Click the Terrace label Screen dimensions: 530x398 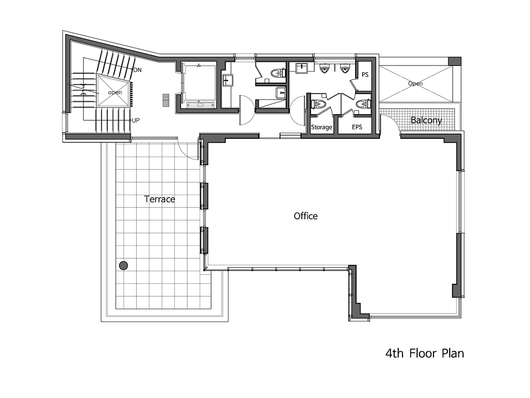coord(159,199)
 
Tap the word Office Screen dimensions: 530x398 coord(306,216)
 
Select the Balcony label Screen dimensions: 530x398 coord(426,120)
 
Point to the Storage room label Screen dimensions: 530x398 coord(322,127)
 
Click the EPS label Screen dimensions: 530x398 coord(357,127)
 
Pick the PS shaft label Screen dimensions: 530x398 coord(365,75)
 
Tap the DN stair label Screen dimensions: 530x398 coord(137,70)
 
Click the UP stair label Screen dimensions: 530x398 coord(136,120)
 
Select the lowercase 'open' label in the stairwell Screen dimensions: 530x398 coord(115,92)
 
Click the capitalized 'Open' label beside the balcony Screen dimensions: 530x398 coord(415,84)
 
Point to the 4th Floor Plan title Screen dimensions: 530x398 coord(425,353)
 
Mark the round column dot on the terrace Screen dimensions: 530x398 coord(123,266)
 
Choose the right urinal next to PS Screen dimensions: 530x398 coord(344,68)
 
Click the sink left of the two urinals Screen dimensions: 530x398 coord(302,68)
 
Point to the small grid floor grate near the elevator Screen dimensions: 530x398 coord(166,100)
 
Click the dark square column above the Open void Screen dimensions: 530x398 coord(454,61)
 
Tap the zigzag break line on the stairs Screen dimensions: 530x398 coord(83,89)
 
